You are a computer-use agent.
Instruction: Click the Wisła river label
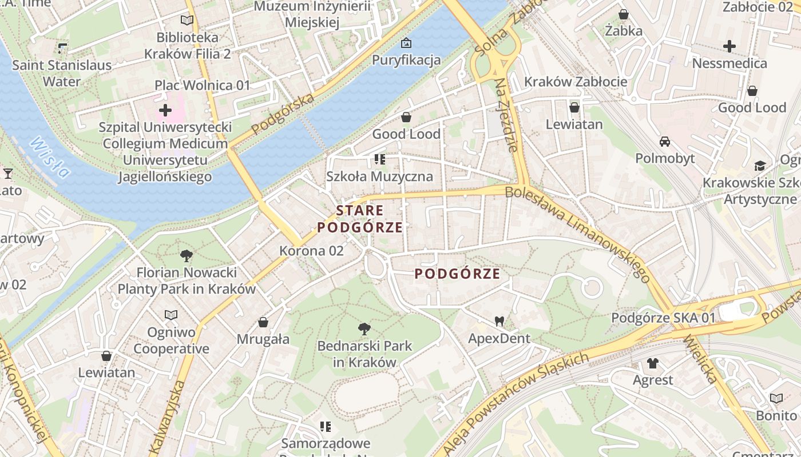coord(50,157)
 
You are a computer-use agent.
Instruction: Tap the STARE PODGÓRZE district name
coord(360,219)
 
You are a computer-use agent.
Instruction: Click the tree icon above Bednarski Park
coord(364,328)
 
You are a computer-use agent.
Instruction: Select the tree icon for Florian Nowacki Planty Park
coord(186,255)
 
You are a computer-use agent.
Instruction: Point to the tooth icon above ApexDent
coord(499,322)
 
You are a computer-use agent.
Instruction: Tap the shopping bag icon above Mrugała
coord(263,322)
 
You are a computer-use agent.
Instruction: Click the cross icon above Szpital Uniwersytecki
coord(165,110)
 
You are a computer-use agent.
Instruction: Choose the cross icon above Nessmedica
coord(729,46)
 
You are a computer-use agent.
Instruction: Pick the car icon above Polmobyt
coord(665,141)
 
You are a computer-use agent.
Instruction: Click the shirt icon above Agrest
coord(653,363)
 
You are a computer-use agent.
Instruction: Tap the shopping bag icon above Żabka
coord(624,14)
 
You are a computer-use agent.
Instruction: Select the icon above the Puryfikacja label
coord(406,43)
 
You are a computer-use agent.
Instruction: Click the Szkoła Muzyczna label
coord(379,176)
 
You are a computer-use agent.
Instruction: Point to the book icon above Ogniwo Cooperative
coord(171,315)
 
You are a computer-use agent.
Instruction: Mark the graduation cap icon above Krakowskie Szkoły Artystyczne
coord(760,166)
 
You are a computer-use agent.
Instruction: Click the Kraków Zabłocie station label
coord(576,82)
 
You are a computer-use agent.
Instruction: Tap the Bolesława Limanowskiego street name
coord(578,234)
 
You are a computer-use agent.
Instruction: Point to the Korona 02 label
coord(312,250)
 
